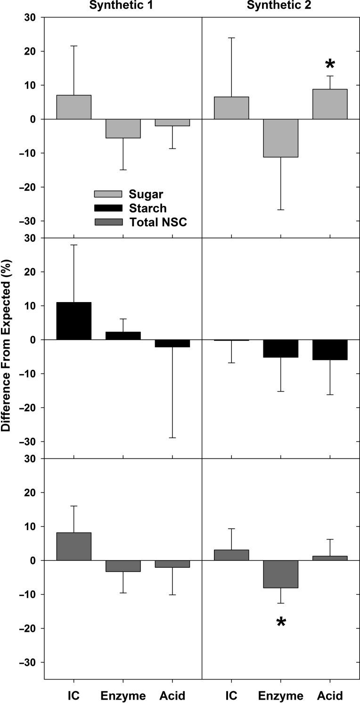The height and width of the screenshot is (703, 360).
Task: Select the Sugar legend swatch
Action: tap(108, 194)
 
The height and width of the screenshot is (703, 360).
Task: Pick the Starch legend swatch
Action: tap(108, 208)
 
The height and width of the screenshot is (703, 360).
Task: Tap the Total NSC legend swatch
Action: tap(108, 222)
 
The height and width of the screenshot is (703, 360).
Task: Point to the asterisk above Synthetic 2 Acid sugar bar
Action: tap(330, 64)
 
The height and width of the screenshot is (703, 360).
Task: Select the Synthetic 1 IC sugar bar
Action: tap(74, 107)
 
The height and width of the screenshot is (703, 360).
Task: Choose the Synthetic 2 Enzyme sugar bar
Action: tap(281, 138)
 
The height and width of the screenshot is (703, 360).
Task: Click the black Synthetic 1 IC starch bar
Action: tap(74, 321)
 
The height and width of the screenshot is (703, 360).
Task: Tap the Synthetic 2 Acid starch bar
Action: tap(330, 350)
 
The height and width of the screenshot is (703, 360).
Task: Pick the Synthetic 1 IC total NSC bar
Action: tap(74, 546)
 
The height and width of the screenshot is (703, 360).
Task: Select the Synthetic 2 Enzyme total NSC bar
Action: tap(281, 574)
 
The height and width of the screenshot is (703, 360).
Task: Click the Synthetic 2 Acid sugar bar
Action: tap(330, 104)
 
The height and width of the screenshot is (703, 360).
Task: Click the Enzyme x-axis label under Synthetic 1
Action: tap(123, 695)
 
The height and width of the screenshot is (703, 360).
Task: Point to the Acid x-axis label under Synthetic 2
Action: tap(330, 695)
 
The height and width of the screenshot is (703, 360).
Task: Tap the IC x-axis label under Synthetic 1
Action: tap(74, 695)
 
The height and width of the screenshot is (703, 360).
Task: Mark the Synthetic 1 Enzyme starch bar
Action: tap(123, 335)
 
